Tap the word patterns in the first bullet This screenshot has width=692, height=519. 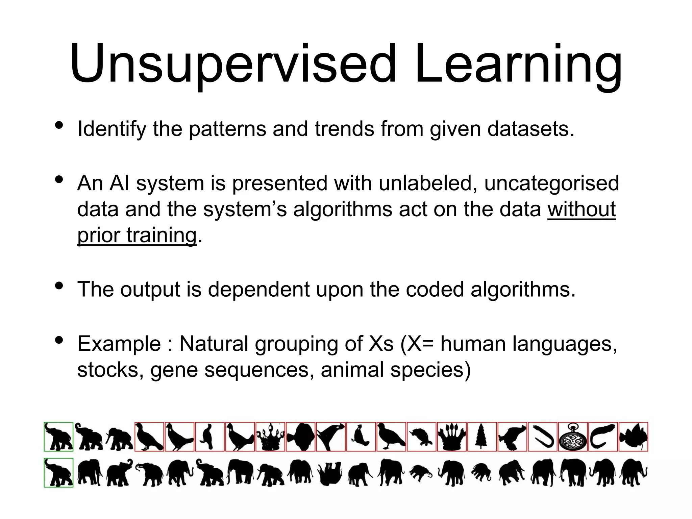coord(227,129)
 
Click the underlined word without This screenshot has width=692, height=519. coord(581,209)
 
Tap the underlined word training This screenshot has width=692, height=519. coord(161,235)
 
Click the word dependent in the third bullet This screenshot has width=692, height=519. coord(258,290)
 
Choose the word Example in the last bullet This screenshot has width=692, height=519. coord(119,344)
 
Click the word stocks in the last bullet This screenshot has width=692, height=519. coord(108,370)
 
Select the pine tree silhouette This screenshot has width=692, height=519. coord(482,437)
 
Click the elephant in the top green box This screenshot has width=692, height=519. coord(58,437)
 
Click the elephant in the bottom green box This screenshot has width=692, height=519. coord(58,472)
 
